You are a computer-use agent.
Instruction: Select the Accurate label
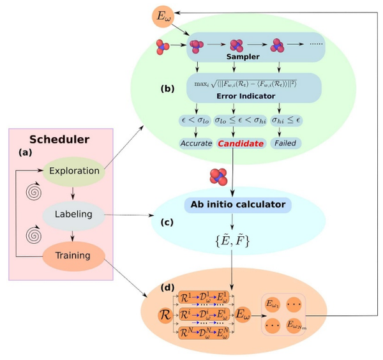195,144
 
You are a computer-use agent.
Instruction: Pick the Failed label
286,144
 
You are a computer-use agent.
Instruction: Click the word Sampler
237,57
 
